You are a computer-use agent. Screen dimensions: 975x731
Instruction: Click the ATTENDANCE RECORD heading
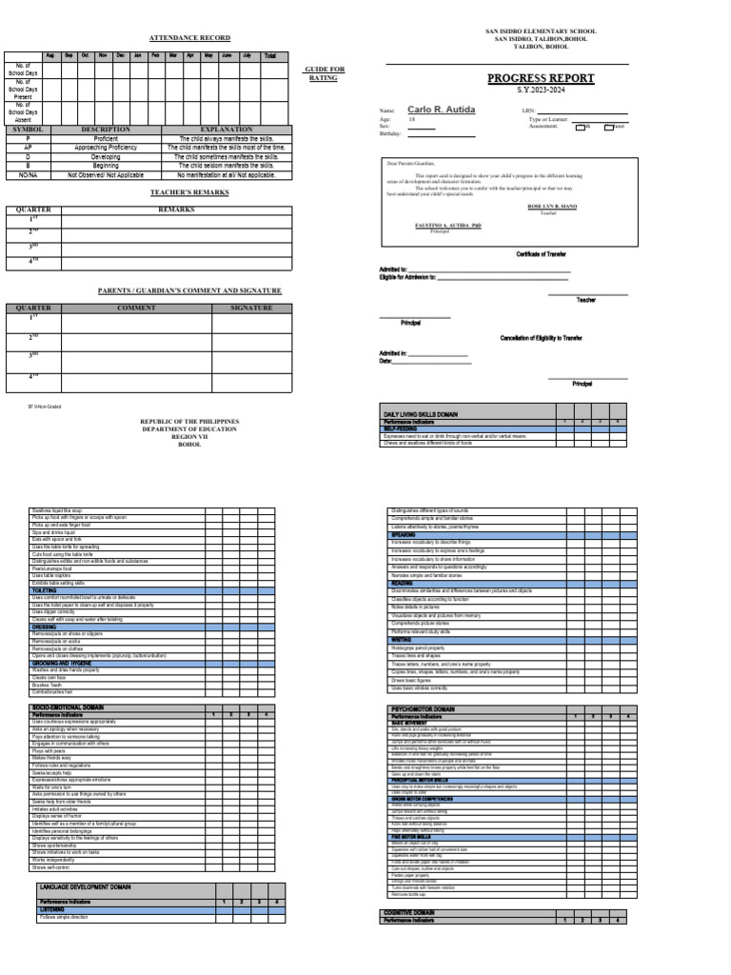189,37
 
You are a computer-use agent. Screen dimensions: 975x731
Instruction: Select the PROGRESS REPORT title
541,78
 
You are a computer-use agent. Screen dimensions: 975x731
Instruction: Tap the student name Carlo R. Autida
441,110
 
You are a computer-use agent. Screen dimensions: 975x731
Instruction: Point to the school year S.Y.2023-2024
540,90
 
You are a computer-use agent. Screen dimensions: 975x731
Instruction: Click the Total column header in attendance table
270,56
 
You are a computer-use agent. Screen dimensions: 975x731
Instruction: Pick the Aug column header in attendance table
51,56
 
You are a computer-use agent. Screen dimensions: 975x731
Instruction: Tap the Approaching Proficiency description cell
106,149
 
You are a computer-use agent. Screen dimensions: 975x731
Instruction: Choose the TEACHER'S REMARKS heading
189,193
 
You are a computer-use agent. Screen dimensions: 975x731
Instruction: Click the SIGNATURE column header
251,308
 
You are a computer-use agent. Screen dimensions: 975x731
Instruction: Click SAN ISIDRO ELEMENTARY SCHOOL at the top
540,31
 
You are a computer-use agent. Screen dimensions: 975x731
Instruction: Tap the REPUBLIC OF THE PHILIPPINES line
189,420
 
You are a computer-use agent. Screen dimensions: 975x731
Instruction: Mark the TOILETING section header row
48,590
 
